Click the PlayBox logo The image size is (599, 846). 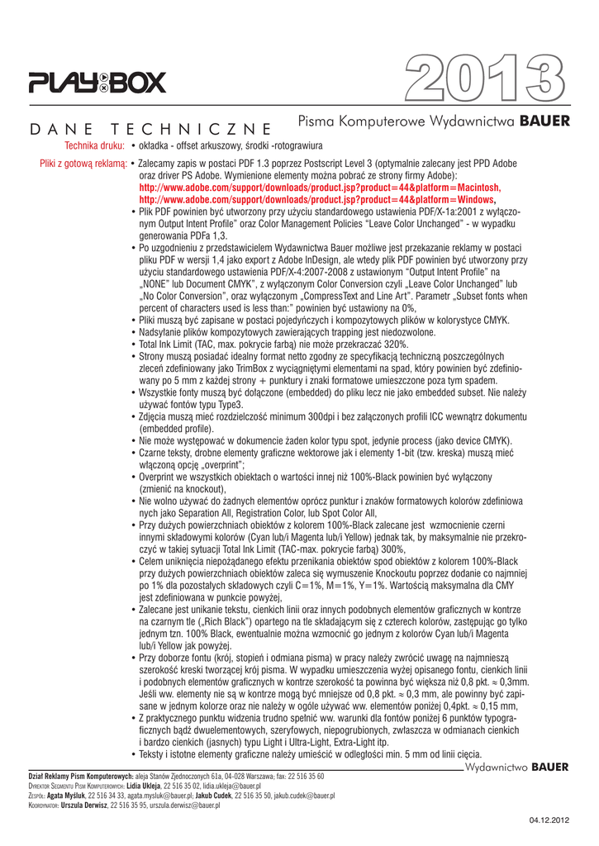coord(97,82)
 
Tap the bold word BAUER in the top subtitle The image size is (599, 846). coord(544,121)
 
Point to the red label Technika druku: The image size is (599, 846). coord(89,145)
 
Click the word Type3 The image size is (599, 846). coord(229,405)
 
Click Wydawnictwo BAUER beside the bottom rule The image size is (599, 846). coord(517,768)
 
